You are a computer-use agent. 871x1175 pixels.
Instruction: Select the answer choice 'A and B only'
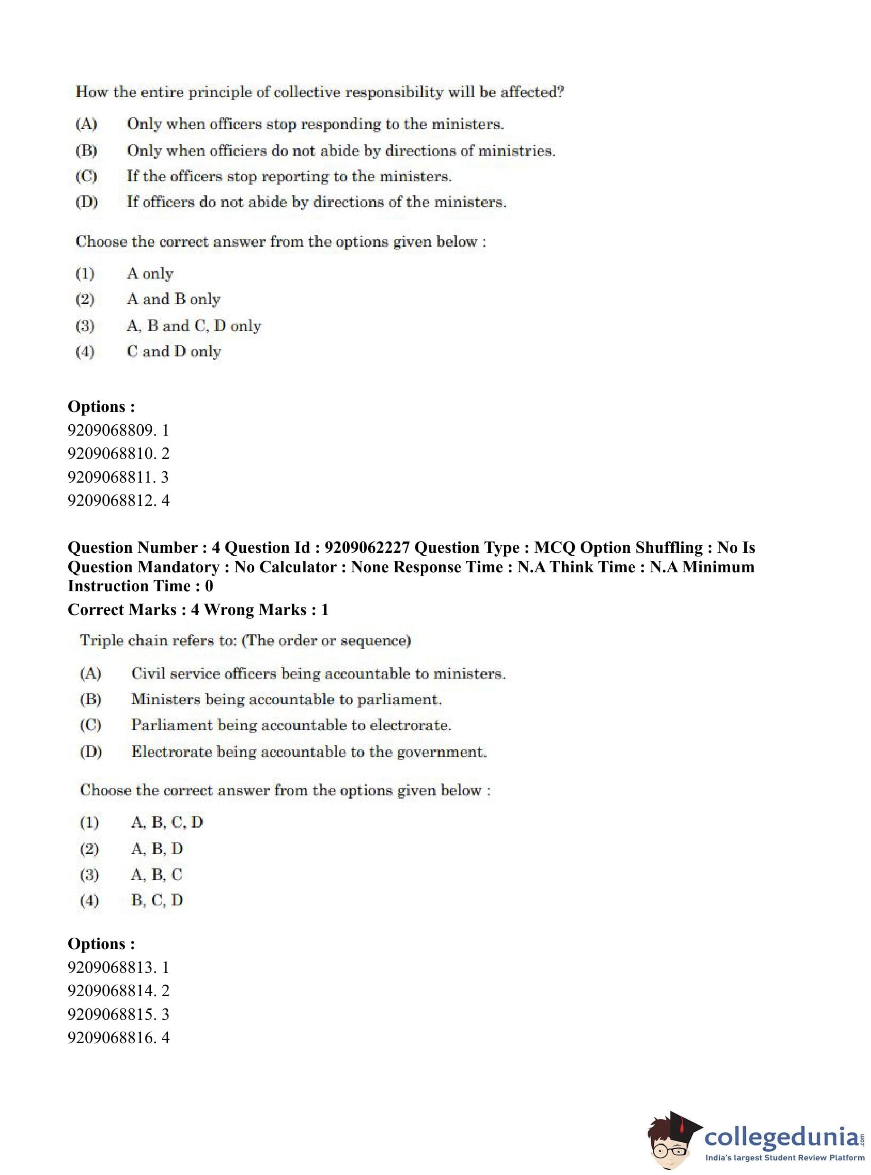point(174,299)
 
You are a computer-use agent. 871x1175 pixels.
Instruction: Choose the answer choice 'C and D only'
point(174,351)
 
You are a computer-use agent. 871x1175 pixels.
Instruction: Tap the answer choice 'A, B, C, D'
point(167,822)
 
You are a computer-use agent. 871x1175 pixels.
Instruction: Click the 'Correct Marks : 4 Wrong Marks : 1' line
point(198,610)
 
